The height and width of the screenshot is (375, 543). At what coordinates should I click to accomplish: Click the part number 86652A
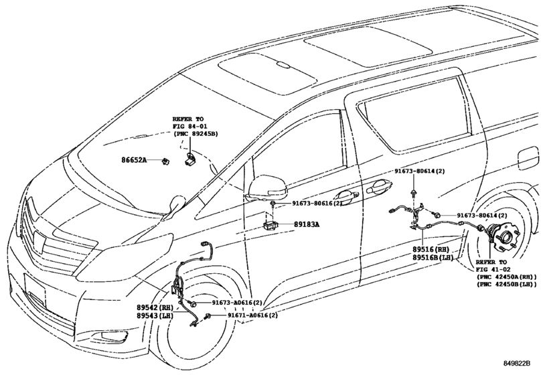[134, 160]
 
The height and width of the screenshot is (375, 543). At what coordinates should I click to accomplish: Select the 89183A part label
[307, 224]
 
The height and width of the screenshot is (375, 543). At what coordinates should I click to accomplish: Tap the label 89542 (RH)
[155, 307]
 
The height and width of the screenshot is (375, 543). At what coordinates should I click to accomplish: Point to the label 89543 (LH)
[155, 315]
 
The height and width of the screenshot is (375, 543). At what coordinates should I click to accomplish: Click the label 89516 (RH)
[431, 249]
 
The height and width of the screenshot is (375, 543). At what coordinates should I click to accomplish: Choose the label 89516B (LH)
[433, 257]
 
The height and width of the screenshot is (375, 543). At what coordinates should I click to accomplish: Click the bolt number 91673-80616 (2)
[317, 204]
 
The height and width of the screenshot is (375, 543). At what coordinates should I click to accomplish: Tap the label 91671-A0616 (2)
[252, 315]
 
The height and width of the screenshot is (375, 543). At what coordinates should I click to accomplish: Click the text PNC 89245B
[196, 134]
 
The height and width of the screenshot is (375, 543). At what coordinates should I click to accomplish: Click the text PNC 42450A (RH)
[507, 277]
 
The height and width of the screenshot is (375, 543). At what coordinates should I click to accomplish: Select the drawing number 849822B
[517, 363]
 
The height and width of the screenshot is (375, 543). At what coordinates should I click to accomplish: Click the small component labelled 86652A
[167, 161]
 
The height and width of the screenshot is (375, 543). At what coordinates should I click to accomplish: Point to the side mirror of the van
[266, 188]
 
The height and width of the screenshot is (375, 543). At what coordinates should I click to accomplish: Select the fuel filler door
[528, 159]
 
